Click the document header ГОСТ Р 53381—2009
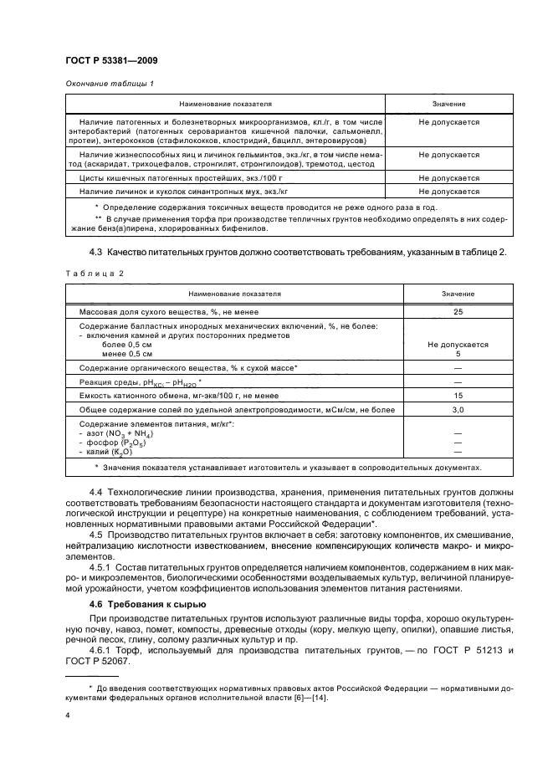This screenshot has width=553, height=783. pos(111,61)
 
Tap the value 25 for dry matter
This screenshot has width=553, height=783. pos(458,311)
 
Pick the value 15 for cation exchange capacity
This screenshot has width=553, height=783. pos(458,395)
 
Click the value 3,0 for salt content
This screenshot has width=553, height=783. pos(458,410)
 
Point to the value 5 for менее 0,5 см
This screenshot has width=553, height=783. pos(458,354)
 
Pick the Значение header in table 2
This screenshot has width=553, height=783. pos(458,294)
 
